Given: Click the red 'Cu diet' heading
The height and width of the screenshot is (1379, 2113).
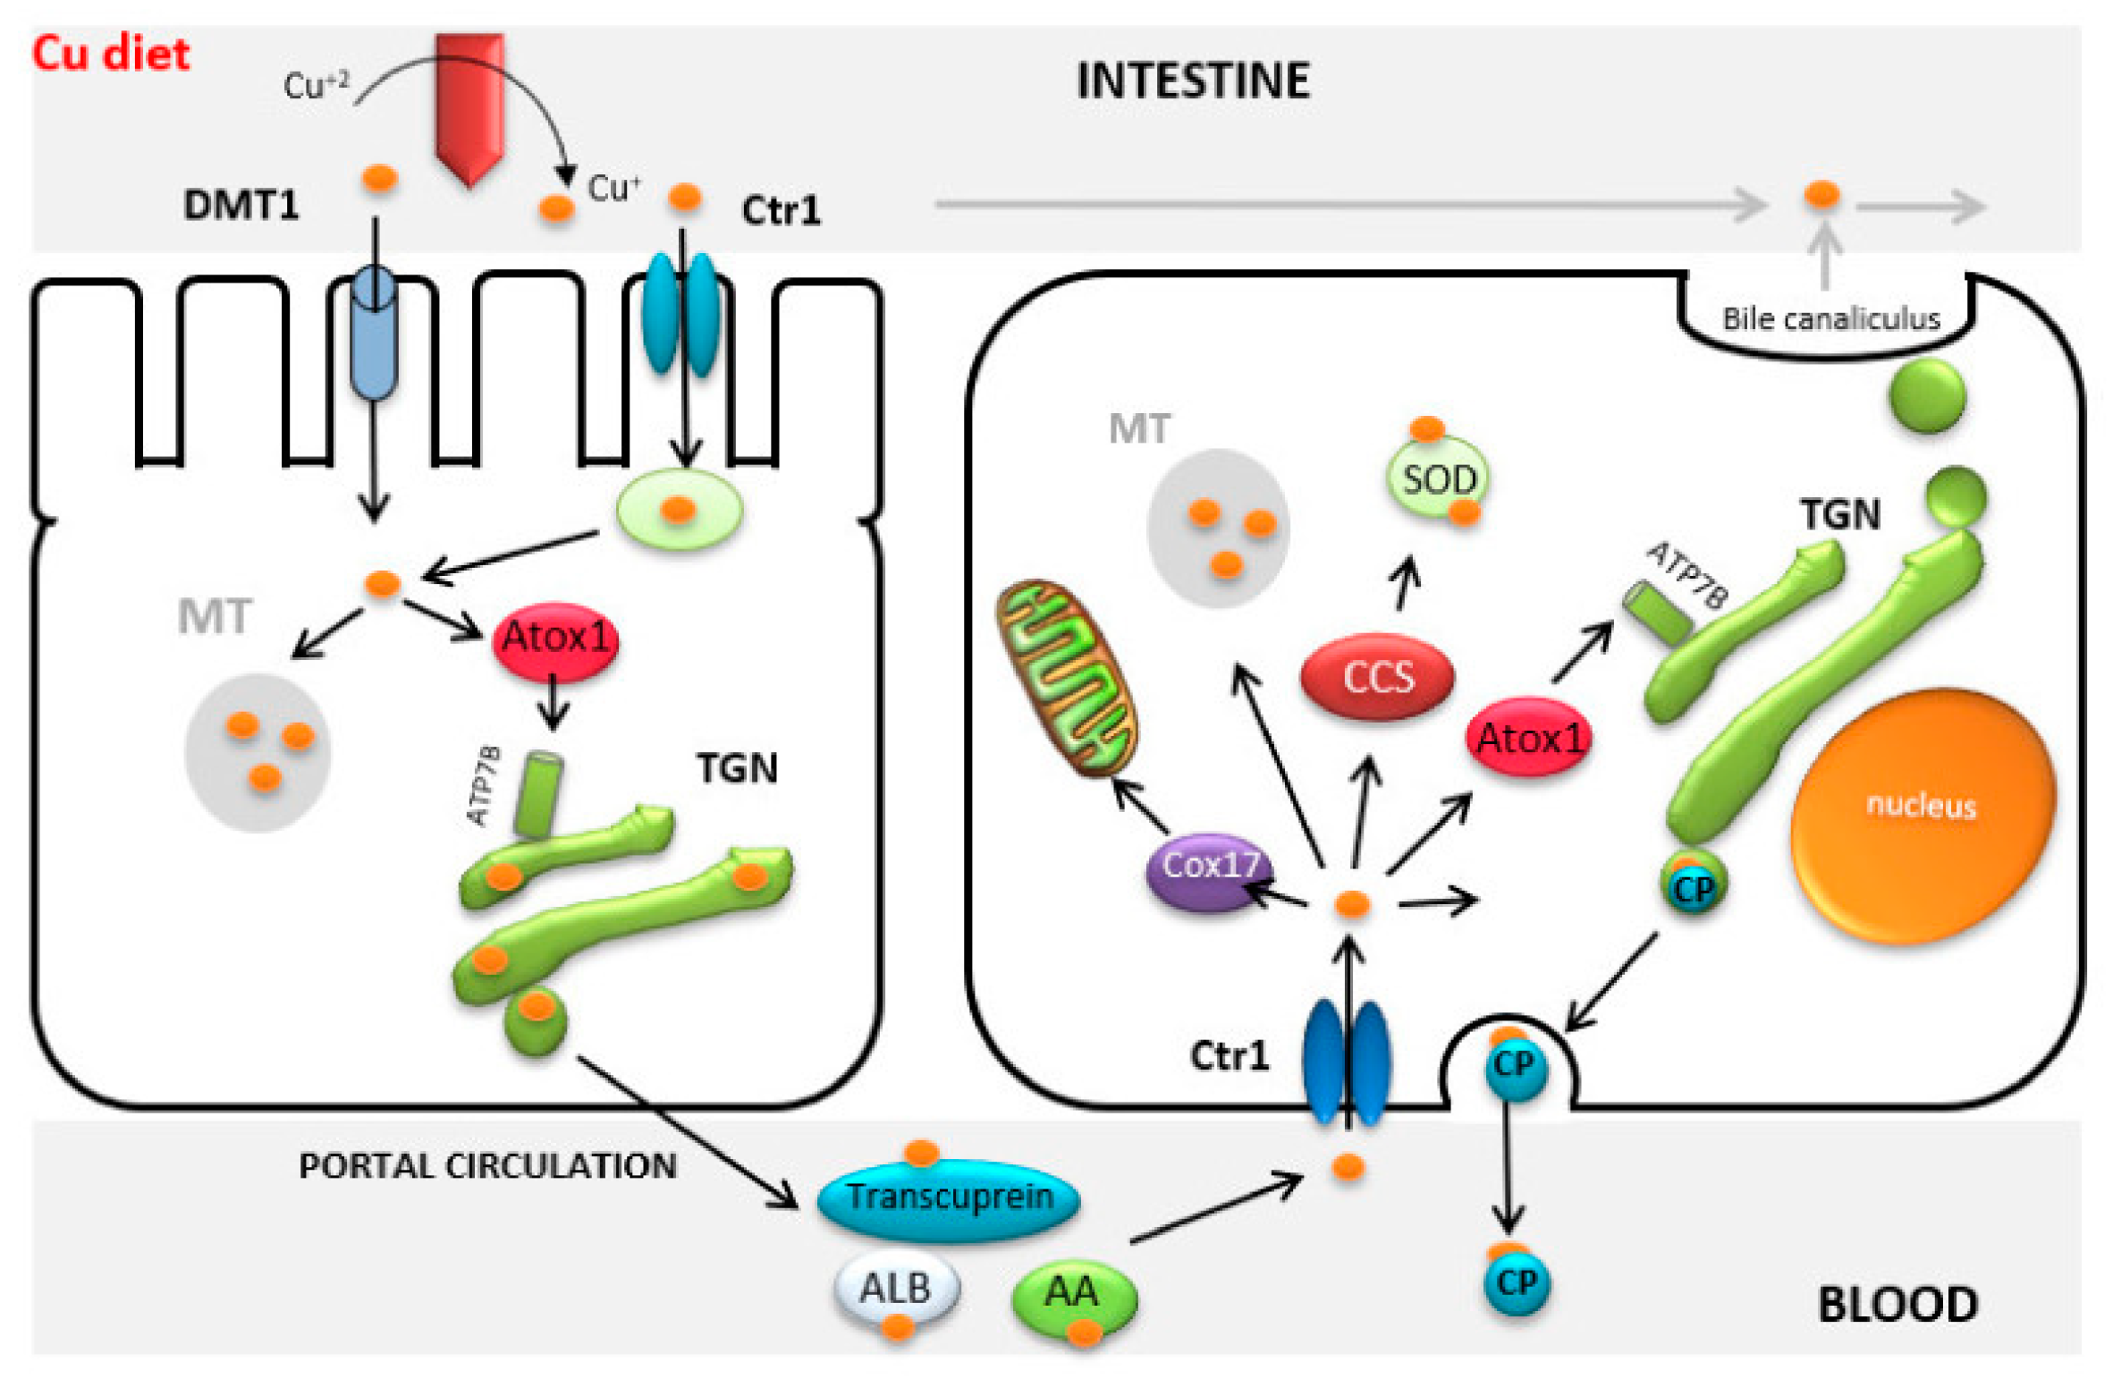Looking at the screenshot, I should click(110, 54).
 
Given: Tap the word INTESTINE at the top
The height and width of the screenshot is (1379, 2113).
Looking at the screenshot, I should click(1192, 80).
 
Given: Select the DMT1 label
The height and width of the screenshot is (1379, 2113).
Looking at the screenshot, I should click(241, 205).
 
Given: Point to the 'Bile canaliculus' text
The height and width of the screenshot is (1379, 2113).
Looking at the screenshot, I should click(1830, 318).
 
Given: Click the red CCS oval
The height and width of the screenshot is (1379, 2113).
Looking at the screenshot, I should click(1377, 677).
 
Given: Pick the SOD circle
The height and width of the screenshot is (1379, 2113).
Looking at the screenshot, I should click(1437, 479).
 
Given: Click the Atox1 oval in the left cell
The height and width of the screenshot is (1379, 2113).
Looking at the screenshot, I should click(555, 639).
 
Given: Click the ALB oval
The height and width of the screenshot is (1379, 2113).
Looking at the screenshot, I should click(895, 1289).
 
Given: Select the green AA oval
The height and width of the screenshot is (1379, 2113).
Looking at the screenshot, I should click(1072, 1293).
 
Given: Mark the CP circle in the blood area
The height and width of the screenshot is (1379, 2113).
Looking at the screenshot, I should click(1517, 1283).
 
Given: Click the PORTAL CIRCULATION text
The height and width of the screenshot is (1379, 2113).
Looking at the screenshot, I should click(487, 1166).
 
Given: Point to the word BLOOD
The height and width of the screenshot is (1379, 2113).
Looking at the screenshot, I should click(1897, 1304).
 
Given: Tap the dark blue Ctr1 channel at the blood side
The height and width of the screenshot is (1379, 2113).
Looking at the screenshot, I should click(1346, 1062).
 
